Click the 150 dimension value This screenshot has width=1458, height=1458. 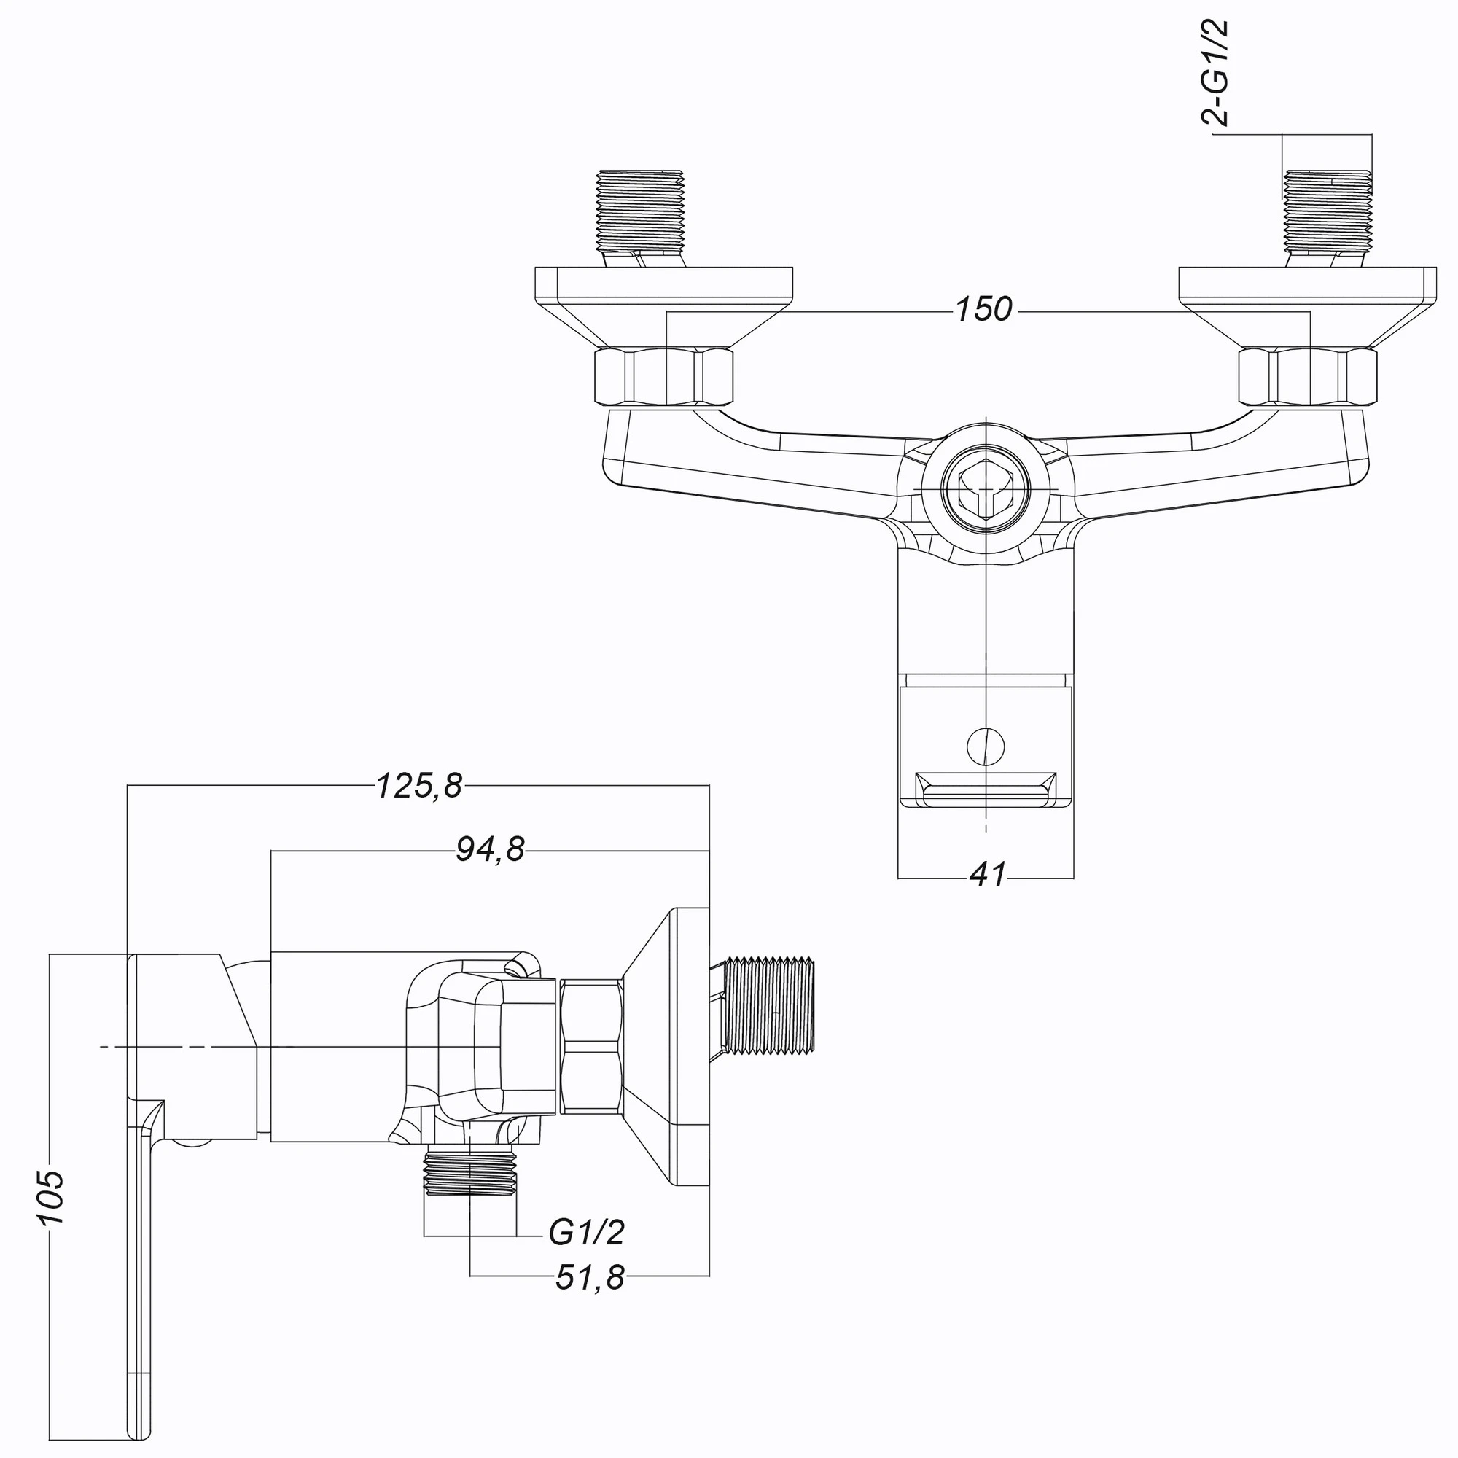983,310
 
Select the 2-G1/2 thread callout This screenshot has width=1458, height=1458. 1215,72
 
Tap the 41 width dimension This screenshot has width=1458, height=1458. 988,876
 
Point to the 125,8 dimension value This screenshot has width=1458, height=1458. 419,787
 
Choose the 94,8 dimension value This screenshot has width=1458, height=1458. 490,851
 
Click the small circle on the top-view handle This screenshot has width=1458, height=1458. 986,746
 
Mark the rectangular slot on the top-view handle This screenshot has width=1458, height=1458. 986,790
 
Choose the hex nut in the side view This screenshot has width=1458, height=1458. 592,1047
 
